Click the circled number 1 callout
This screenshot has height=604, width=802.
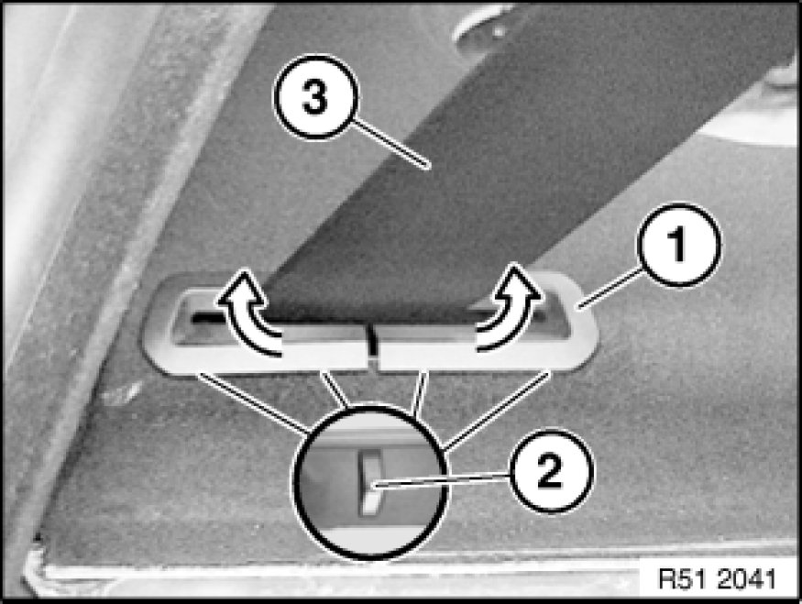click(x=678, y=245)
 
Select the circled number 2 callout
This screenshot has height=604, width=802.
click(x=551, y=470)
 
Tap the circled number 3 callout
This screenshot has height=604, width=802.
click(x=315, y=96)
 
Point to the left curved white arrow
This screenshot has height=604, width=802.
click(x=249, y=312)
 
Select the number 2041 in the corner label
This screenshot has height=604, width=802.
click(x=746, y=579)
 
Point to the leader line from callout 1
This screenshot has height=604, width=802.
click(x=610, y=290)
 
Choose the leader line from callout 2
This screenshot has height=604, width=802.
click(x=442, y=480)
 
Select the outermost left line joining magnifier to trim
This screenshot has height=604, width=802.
click(x=253, y=403)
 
